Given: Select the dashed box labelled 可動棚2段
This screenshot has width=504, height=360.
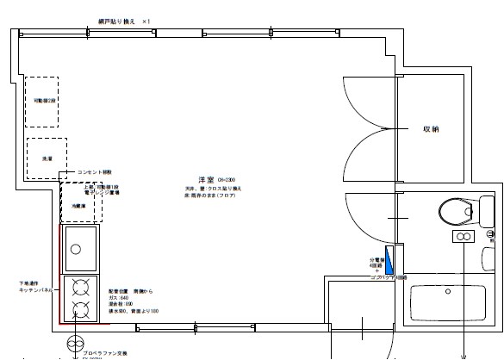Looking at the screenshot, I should (41, 101).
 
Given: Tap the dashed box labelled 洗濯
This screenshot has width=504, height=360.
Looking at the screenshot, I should (46, 158).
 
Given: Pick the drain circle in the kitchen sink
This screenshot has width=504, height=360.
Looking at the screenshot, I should (77, 249).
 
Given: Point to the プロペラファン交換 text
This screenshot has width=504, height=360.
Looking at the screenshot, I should (102, 351).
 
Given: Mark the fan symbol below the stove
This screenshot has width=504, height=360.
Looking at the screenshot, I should (72, 342).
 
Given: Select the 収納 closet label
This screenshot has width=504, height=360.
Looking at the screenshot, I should (431, 129).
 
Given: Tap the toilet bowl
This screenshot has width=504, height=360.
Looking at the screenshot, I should (451, 210).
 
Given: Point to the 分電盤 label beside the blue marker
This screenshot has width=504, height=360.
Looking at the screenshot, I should (376, 258).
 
